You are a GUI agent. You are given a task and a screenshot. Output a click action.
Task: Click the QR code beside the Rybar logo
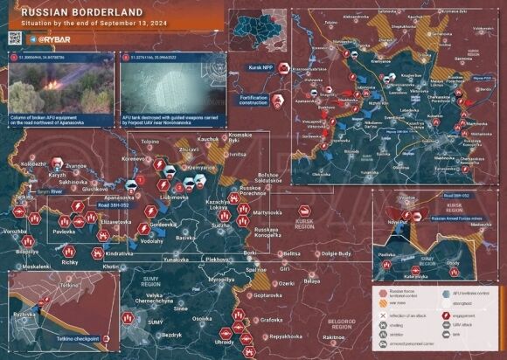point(15,38)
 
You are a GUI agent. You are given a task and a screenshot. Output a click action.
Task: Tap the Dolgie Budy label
point(336,253)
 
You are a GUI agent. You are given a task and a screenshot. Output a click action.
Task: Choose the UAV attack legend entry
point(462,324)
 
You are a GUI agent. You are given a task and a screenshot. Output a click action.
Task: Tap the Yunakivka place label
point(176,260)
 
